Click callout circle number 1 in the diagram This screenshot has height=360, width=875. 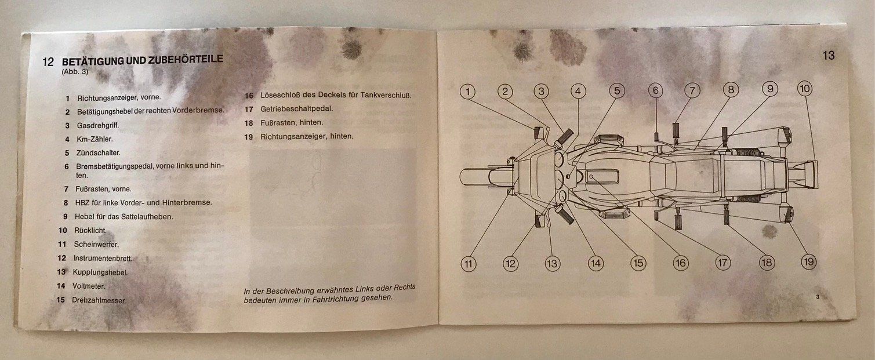coord(467,92)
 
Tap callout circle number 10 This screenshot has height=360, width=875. coord(805,89)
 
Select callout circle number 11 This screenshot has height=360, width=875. coord(469,264)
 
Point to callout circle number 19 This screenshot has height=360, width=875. coord(808,261)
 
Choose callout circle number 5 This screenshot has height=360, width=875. coord(617,91)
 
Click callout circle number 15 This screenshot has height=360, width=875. coord(638,263)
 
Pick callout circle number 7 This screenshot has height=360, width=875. coord(692,91)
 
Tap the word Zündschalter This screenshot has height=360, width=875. coord(99,152)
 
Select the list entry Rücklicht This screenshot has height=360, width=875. coord(90,230)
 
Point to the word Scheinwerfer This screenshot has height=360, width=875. coord(96,245)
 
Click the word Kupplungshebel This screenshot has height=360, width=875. coord(100,272)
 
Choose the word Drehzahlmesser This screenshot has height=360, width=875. coord(99,300)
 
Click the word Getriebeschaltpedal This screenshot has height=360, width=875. coord(296,108)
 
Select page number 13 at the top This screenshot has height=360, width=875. coord(828,56)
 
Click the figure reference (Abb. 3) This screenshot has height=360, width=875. coord(75,72)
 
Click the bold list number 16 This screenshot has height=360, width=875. coord(249,96)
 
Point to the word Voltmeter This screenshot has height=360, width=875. coord(89,286)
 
